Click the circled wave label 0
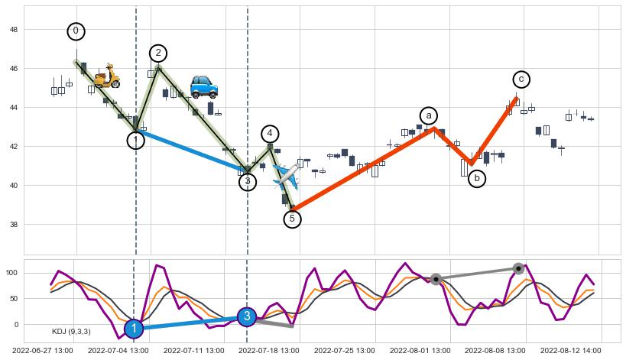tap(76, 31)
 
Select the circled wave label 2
tap(158, 53)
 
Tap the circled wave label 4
tap(270, 134)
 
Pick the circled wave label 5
tap(292, 219)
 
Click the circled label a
tap(429, 115)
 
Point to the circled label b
tap(477, 179)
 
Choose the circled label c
tap(521, 79)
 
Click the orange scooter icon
tap(107, 76)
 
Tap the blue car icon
tap(204, 87)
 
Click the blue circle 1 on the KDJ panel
tap(134, 329)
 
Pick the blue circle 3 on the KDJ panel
tap(246, 316)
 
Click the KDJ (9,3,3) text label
tap(71, 332)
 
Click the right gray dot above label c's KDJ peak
tap(518, 268)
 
